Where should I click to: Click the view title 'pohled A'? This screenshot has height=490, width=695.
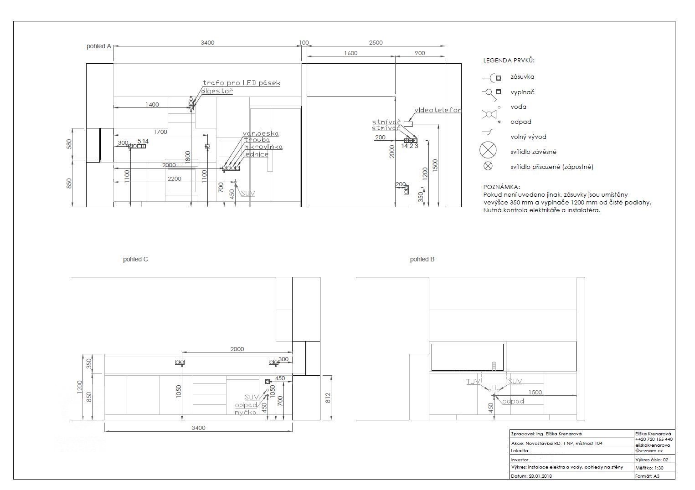[99, 46]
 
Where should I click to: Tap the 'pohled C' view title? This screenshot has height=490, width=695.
[135, 259]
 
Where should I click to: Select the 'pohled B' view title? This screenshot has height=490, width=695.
[422, 259]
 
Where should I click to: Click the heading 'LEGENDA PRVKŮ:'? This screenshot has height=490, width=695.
[509, 60]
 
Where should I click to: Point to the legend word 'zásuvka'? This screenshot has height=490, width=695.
[522, 77]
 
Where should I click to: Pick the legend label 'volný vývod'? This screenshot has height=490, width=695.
[528, 137]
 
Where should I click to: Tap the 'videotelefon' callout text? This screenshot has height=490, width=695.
[438, 110]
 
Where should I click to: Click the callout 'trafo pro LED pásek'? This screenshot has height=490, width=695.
[241, 83]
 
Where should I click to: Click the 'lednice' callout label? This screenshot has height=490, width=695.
[256, 154]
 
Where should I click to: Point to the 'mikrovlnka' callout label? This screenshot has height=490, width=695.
[263, 147]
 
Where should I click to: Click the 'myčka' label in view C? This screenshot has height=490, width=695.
[245, 412]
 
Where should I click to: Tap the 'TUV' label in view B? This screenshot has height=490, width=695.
[471, 382]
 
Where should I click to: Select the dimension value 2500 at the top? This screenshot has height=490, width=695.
[376, 43]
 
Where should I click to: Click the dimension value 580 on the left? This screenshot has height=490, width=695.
[69, 144]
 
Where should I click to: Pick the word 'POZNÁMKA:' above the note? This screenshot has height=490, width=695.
[501, 187]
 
